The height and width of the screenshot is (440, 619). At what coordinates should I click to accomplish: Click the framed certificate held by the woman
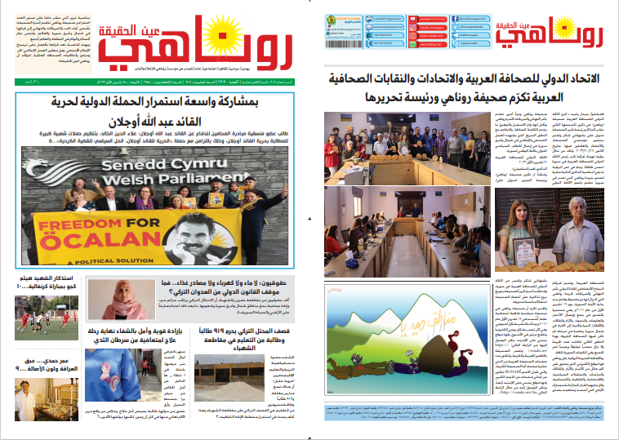pos(515,245)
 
